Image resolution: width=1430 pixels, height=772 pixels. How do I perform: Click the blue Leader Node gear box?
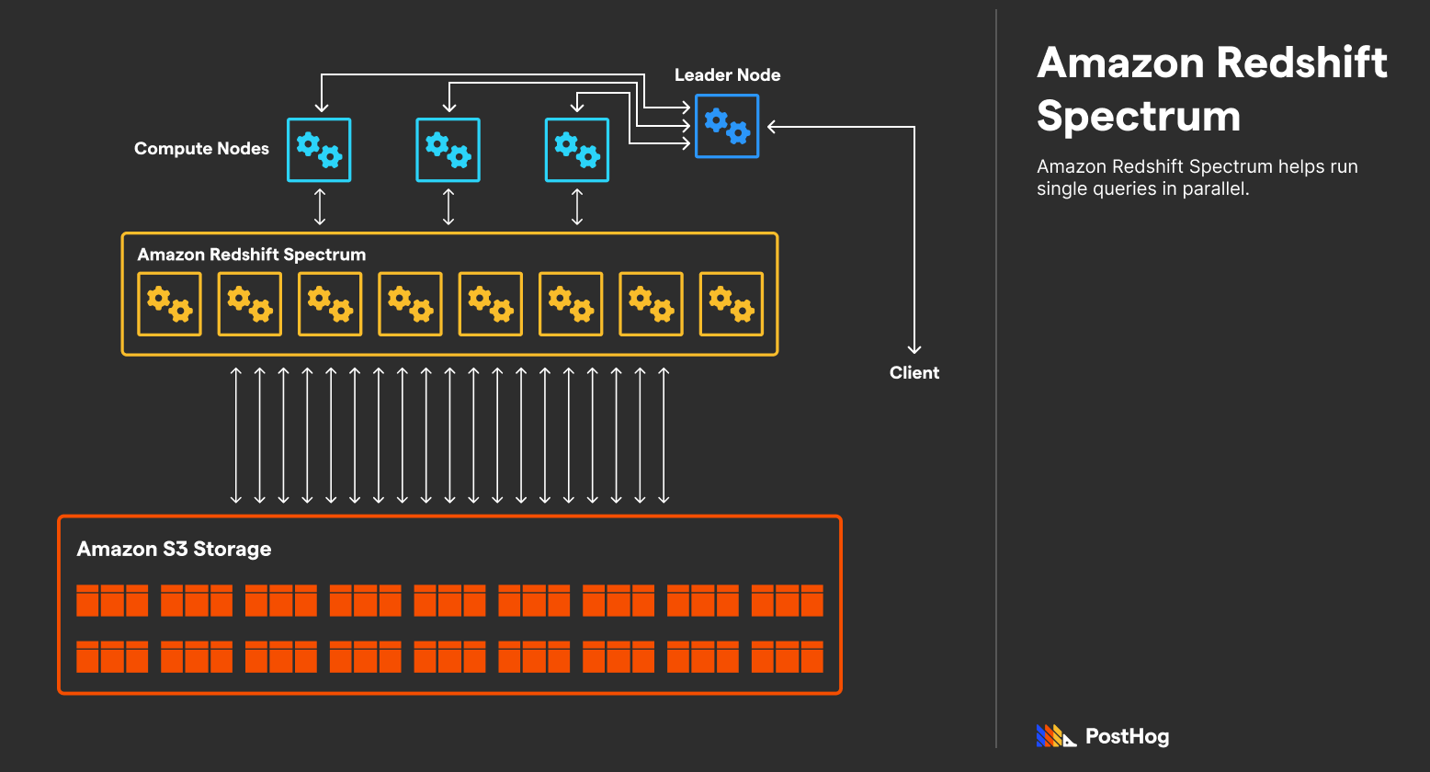727,126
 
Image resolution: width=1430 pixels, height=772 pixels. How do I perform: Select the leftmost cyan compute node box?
319,150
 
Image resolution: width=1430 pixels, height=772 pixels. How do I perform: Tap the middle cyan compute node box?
448,150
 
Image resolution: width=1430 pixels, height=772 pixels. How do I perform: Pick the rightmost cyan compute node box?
577,150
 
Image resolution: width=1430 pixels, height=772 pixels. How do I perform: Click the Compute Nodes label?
201,149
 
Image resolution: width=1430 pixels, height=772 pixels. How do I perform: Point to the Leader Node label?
727,75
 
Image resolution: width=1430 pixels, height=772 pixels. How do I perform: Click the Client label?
914,373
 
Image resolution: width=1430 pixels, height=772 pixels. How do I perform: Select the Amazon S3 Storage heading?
174,549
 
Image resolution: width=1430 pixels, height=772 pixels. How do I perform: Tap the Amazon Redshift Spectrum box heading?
251,255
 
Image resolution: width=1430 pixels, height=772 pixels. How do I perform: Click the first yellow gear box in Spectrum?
169,304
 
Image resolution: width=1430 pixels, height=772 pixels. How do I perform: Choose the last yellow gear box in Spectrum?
732,304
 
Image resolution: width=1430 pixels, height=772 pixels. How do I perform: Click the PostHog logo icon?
1056,736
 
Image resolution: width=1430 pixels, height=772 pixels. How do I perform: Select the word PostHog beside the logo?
1127,736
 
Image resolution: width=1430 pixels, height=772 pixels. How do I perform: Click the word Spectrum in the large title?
1139,117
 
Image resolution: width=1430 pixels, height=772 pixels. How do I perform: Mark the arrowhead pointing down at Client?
914,348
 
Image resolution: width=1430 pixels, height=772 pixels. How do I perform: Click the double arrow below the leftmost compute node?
319,207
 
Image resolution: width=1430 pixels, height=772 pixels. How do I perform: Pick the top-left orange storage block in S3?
112,600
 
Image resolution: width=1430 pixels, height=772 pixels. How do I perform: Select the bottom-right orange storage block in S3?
788,656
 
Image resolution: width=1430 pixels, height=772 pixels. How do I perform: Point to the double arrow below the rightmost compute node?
577,207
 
